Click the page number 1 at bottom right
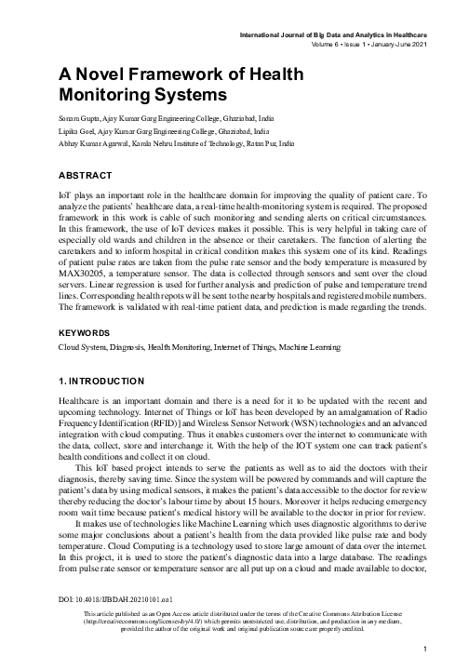point(423,649)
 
